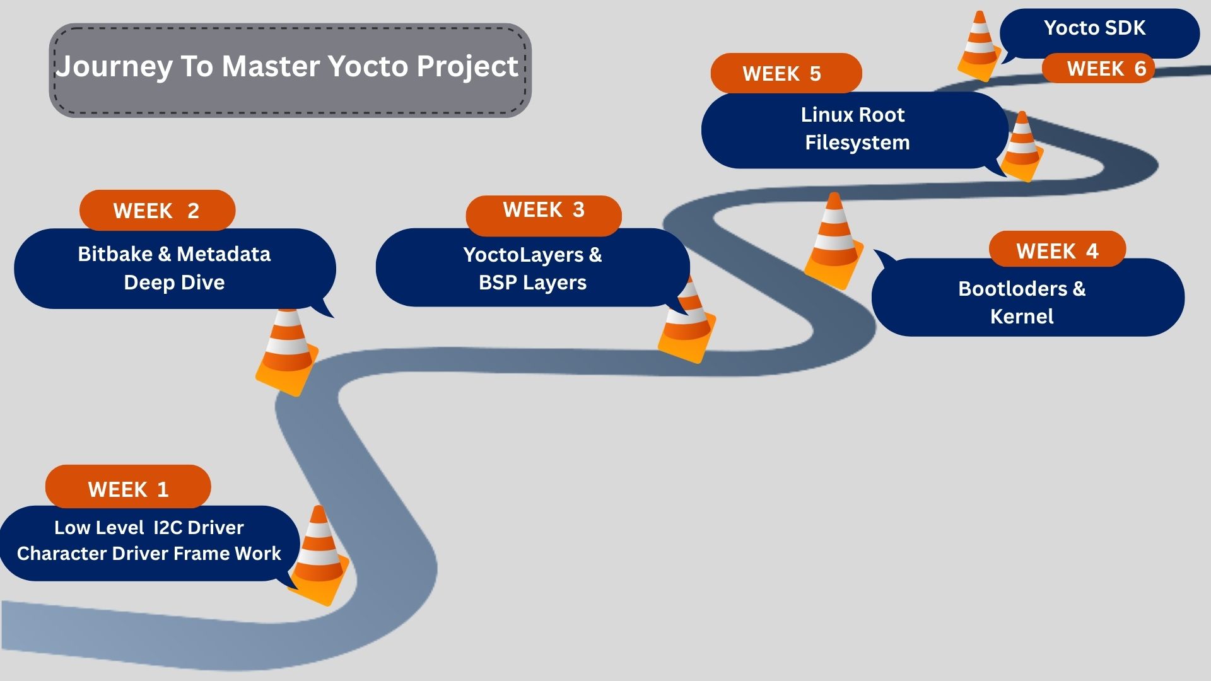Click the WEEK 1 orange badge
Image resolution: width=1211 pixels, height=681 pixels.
(x=128, y=489)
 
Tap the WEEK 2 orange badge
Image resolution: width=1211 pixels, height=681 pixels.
(x=157, y=210)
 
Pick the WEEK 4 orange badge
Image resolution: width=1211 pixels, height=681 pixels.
(x=1057, y=250)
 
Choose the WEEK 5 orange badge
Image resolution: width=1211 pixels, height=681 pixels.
(x=782, y=74)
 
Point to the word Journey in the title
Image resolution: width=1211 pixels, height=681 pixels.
(x=114, y=67)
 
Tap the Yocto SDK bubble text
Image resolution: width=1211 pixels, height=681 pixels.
(x=1094, y=28)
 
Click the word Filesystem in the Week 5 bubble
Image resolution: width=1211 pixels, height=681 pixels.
(x=857, y=143)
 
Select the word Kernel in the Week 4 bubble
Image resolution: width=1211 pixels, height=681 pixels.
(x=1022, y=316)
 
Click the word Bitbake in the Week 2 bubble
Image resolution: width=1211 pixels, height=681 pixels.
(x=115, y=254)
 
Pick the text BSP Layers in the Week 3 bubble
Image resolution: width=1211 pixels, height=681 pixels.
(x=532, y=282)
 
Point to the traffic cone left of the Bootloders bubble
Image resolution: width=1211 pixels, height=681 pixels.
(x=834, y=243)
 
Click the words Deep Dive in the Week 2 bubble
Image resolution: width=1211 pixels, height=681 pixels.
(x=174, y=282)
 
